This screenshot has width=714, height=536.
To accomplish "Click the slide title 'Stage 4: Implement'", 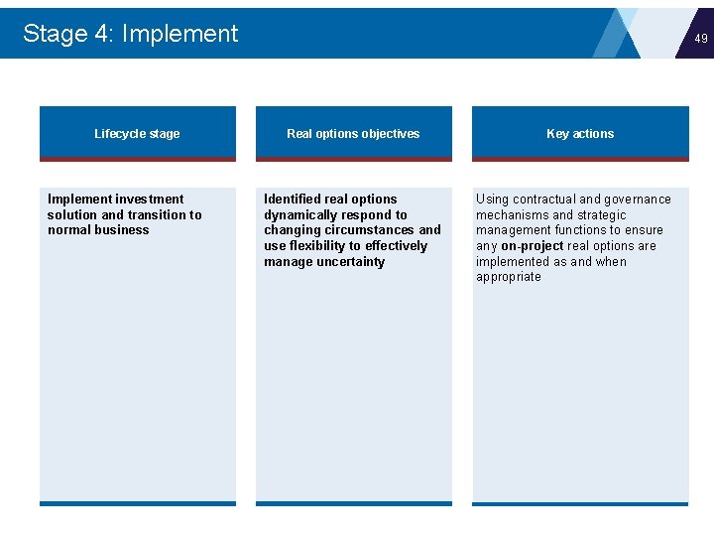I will [x=130, y=34].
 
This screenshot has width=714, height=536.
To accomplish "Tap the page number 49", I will [x=701, y=39].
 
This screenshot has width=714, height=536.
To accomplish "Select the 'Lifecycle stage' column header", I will [x=137, y=134].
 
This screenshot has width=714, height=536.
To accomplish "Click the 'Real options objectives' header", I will [x=353, y=134].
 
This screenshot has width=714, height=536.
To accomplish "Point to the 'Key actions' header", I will [x=580, y=134].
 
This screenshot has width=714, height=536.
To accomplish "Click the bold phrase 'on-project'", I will [x=533, y=246].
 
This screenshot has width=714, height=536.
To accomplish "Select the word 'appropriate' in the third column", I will [x=509, y=277].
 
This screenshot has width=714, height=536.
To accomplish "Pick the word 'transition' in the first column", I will [x=158, y=215].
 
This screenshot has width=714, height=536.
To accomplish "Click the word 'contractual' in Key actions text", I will [x=550, y=200].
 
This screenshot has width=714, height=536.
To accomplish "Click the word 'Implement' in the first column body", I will [x=80, y=200].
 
